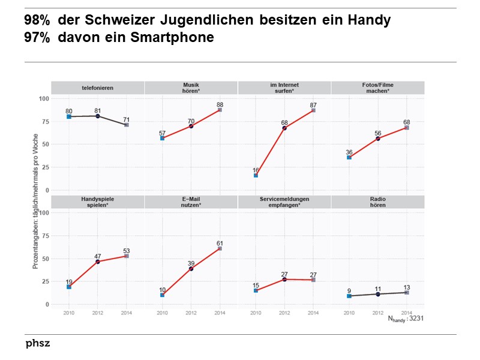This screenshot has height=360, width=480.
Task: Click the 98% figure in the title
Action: (x=37, y=20)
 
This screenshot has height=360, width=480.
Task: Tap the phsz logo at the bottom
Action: (x=38, y=344)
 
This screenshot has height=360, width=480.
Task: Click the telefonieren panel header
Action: (x=97, y=88)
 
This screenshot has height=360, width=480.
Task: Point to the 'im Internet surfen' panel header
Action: (x=284, y=88)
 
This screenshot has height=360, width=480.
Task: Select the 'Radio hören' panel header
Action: (x=377, y=202)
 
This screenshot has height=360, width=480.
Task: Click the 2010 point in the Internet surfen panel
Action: (x=256, y=175)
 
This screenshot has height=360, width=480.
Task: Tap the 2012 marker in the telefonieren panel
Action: (x=97, y=116)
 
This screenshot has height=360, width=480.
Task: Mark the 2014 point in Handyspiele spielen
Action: (x=126, y=256)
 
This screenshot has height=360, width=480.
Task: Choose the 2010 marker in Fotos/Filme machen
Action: (x=349, y=157)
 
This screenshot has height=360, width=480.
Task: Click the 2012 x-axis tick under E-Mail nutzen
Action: (x=191, y=313)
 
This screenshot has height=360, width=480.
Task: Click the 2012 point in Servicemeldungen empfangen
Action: (x=284, y=280)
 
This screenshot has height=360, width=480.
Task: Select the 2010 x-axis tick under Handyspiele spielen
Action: (x=68, y=313)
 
